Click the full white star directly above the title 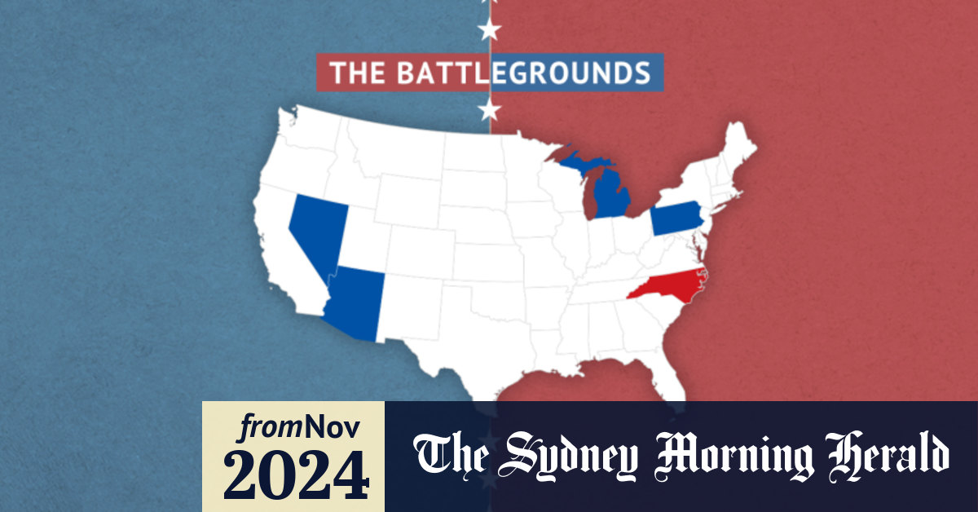point(489,31)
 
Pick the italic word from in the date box point(264,427)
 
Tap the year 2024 point(293,473)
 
